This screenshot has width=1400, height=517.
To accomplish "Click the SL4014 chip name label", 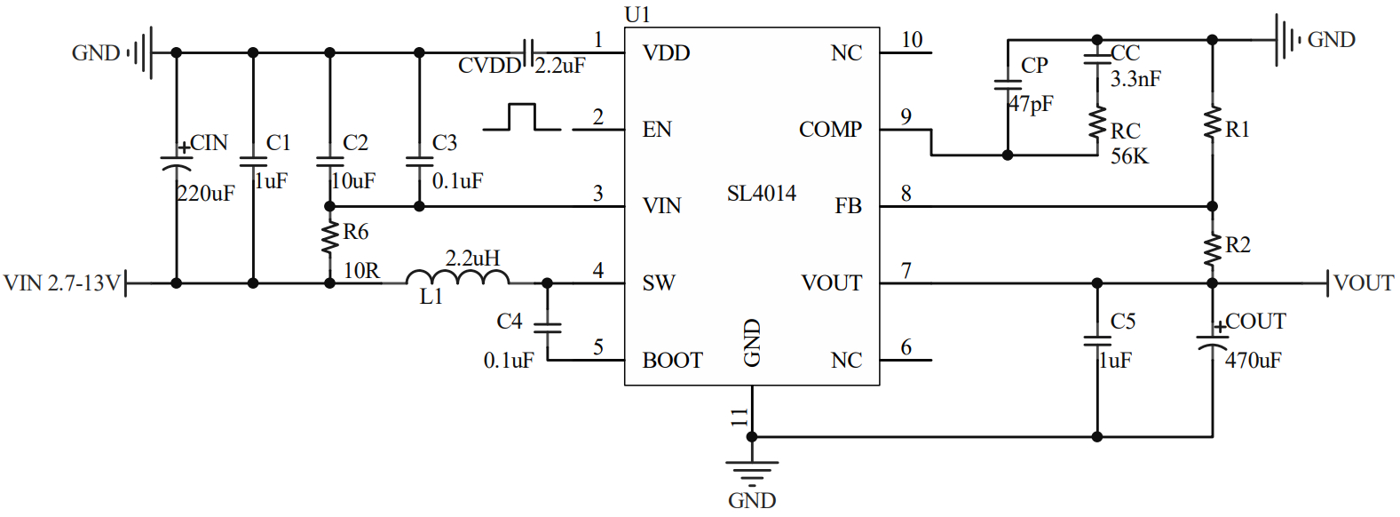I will (761, 194).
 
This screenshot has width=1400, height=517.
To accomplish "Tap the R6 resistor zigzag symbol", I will (330, 237).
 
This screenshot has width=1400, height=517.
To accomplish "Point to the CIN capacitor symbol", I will (176, 163).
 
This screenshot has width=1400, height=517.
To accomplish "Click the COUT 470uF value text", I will (1253, 360).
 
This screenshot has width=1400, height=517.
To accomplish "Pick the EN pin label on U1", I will (657, 130).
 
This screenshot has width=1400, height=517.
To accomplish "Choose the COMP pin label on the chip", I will (830, 130).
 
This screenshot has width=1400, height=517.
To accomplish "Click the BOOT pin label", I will (672, 360).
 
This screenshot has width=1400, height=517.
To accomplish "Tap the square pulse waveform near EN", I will (523, 117).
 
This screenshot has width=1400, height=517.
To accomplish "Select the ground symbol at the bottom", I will (752, 468).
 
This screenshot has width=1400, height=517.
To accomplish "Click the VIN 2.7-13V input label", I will (61, 283).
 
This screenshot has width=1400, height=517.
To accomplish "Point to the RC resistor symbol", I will (1098, 123).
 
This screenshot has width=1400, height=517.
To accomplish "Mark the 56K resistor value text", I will (1129, 156).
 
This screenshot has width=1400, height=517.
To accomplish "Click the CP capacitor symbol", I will (1008, 85).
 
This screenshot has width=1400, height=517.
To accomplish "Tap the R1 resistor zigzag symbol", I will (1213, 123).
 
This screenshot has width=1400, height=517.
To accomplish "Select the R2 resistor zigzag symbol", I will (1213, 249).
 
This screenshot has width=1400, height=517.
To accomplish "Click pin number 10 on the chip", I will (912, 40).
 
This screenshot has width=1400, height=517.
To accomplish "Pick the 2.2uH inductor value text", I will (472, 258).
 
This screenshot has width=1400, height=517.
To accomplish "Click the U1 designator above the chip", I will (637, 14).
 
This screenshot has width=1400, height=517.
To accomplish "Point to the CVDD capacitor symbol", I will (528, 53).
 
